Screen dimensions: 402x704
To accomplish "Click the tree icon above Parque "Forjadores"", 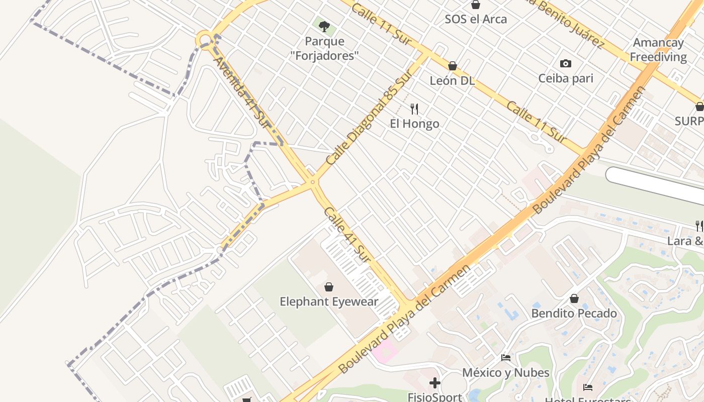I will click(324, 26).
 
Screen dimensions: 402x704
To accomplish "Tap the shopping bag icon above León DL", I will click(452, 66).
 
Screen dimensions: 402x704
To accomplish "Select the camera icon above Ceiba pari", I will click(566, 63).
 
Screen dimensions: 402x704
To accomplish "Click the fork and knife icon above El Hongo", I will click(414, 109).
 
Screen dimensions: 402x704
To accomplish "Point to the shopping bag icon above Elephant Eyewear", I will click(329, 287).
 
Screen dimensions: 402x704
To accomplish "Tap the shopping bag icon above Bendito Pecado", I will click(574, 298).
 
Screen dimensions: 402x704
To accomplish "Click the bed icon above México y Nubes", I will click(506, 358).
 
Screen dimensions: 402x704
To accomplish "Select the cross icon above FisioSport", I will click(435, 383).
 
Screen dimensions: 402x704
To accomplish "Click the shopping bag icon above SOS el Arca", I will click(476, 5).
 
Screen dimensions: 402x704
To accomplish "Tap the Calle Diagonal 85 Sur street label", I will click(369, 118).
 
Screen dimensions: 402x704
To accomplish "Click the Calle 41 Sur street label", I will click(347, 236).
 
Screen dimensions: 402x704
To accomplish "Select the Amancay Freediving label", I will click(658, 50).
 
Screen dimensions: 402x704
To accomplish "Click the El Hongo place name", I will click(414, 124).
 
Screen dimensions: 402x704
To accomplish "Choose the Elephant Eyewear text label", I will click(329, 302).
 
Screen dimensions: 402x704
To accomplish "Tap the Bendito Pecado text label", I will click(574, 314).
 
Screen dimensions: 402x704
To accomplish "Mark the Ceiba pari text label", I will click(566, 78).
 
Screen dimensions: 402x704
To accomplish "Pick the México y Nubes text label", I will click(506, 373).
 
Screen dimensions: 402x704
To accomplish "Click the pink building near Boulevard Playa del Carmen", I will click(384, 350).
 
